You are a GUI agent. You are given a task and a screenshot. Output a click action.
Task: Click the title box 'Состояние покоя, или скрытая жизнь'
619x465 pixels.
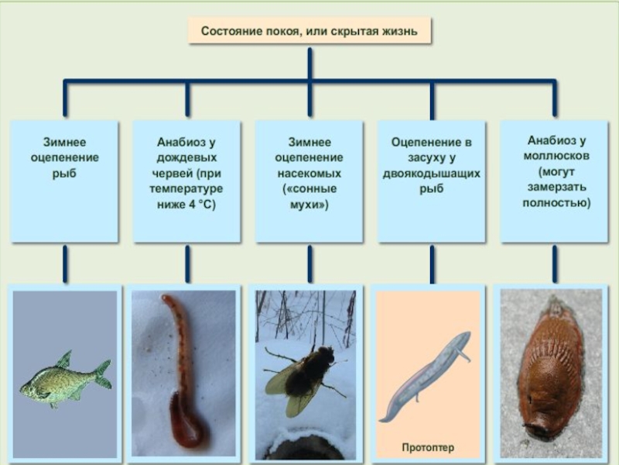[309, 32]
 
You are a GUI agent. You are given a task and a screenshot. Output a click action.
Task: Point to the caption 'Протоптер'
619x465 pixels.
[427, 448]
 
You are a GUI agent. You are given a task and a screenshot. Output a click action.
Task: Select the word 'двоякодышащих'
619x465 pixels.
[431, 173]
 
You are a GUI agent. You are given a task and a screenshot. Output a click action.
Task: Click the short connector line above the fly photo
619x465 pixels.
[309, 263]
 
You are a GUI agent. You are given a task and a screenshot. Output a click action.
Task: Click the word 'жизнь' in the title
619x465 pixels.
[398, 32]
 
